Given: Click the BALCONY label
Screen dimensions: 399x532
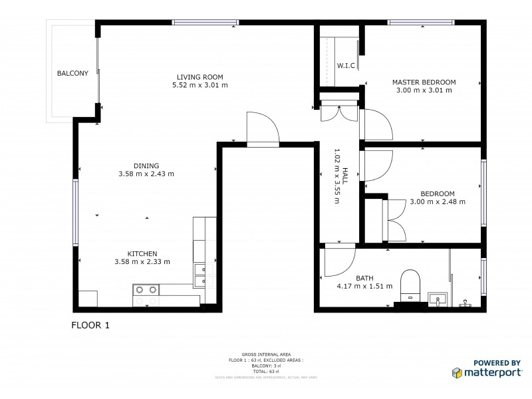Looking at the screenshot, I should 72,73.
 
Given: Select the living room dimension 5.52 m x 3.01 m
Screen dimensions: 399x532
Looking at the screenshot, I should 200,85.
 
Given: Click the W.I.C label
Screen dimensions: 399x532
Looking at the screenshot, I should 346,66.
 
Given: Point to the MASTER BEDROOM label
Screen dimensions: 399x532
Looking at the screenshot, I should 424,82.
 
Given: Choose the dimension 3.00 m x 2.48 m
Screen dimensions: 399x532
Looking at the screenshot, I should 437,201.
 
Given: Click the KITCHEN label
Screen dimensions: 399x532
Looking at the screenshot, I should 142,253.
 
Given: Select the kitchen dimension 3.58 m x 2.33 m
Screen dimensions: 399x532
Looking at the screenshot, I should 142,262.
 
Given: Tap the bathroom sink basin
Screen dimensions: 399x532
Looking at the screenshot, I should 436,297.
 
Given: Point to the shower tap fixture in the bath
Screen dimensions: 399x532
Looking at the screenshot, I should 464,303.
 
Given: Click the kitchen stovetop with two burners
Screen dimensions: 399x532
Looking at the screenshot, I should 146,289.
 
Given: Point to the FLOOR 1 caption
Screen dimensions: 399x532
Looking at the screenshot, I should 90,325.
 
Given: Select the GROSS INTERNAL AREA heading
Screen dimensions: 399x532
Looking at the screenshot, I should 265,355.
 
